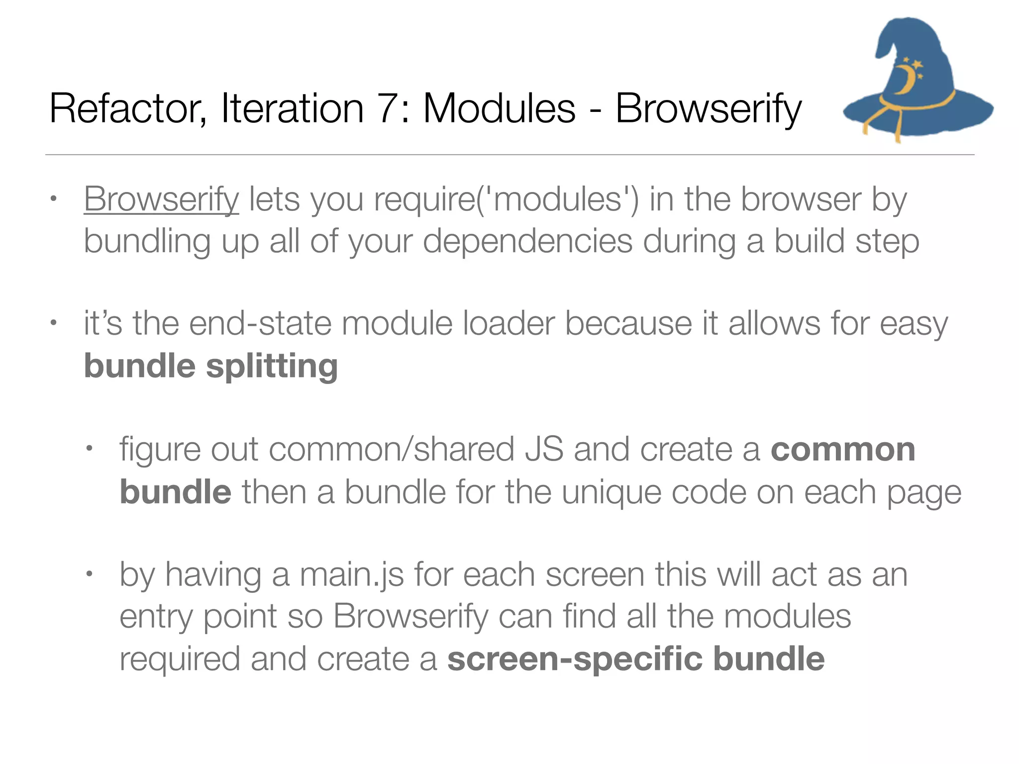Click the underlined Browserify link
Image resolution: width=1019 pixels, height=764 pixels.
point(161,199)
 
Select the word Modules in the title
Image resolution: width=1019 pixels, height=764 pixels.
point(499,109)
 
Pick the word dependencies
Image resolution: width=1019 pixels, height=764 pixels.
point(527,241)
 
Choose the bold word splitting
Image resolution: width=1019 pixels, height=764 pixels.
point(272,367)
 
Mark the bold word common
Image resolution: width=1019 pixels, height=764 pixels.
point(843,450)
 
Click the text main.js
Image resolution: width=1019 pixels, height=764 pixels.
point(352,574)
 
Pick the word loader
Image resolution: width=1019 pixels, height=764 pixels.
point(508,324)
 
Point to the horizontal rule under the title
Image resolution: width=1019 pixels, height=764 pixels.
point(509,155)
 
